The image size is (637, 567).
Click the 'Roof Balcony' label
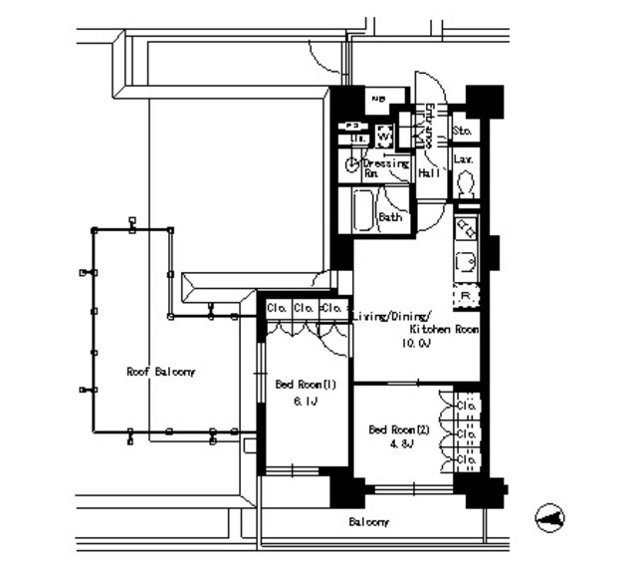[161, 371]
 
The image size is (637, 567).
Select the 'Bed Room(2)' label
[399, 429]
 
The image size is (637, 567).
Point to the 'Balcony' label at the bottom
[368, 522]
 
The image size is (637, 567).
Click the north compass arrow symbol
[549, 516]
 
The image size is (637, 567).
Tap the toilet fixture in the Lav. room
[464, 183]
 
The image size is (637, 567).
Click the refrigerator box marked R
[465, 296]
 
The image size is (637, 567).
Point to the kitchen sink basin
[466, 263]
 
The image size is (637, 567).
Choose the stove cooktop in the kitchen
[466, 230]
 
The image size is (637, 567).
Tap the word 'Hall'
[429, 173]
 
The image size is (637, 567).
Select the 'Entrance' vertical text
[429, 126]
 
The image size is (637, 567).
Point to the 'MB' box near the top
[378, 100]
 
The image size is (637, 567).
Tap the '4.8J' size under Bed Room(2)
[405, 444]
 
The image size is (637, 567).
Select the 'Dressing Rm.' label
[385, 166]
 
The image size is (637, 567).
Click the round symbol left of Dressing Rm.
[351, 165]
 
